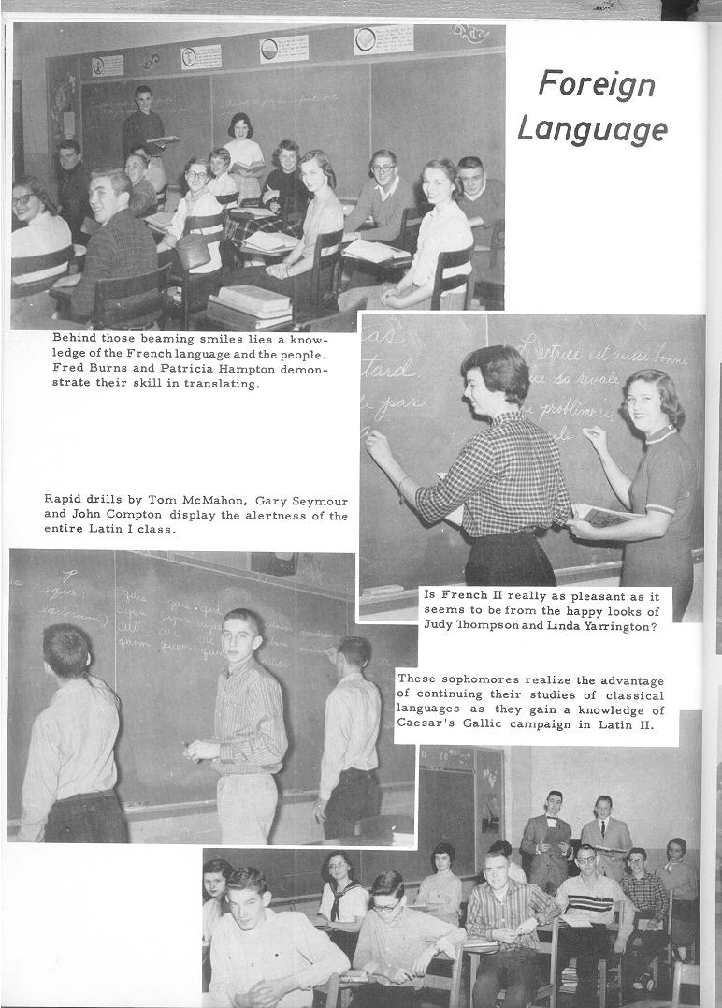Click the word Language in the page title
tap(592, 127)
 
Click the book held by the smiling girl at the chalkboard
tap(603, 516)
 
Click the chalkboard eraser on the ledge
tap(383, 591)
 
